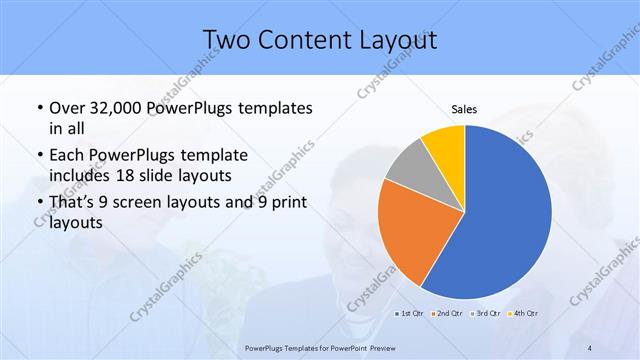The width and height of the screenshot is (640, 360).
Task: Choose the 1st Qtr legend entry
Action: coord(409,314)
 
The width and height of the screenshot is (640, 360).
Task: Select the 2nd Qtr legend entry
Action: coord(445,314)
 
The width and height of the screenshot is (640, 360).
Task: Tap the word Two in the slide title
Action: coord(227,39)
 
